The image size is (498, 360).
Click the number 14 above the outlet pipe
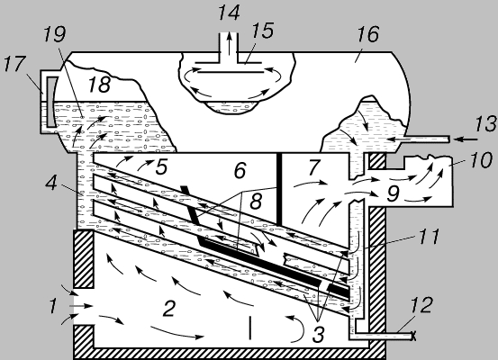tap(229, 13)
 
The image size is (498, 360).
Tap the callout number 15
tap(262, 31)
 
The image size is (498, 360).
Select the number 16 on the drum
tap(368, 34)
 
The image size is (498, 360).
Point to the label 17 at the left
tap(14, 64)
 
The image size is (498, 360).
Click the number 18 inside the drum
tap(99, 85)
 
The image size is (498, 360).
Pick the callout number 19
tap(55, 34)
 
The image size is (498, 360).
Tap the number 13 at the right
tap(486, 124)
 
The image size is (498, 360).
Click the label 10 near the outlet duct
tap(482, 160)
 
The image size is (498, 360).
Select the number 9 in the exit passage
tap(394, 193)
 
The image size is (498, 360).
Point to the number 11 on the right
tap(429, 237)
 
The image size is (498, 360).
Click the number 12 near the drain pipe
tap(421, 305)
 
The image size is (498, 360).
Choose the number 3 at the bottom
tap(318, 334)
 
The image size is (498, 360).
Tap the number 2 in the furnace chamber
tap(168, 309)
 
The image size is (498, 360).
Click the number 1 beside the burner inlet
tap(53, 306)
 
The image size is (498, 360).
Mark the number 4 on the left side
tap(51, 184)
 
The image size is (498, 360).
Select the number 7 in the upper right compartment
tap(313, 167)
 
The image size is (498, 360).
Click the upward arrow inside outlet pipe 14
tap(229, 41)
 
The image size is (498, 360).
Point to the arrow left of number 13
tap(466, 139)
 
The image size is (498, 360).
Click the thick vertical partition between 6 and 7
tap(279, 189)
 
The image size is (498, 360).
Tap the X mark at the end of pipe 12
tap(413, 336)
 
